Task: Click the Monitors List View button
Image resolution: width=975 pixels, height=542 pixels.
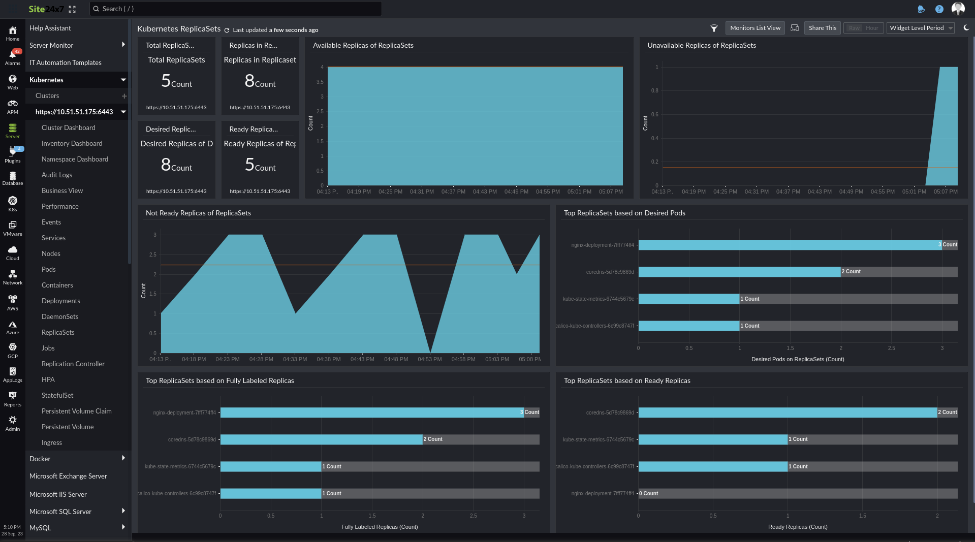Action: coord(755,28)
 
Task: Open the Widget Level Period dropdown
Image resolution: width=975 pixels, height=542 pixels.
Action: coord(921,28)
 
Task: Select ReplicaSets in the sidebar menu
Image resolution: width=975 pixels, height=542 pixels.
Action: coord(58,332)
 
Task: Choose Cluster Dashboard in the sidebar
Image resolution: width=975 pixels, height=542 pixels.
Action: coord(68,127)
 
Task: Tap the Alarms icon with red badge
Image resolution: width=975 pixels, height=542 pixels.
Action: coord(13,56)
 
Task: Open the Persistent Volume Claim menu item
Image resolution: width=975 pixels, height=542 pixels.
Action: coord(76,411)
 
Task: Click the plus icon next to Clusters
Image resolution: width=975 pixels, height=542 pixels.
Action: coord(124,96)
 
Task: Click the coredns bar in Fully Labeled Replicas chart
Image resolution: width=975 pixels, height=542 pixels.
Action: coord(321,439)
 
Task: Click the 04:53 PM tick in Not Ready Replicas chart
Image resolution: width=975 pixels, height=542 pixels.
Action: coord(429,359)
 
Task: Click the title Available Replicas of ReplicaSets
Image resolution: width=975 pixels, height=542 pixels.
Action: coord(363,45)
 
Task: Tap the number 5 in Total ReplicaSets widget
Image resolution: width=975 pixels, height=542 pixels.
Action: coord(166,81)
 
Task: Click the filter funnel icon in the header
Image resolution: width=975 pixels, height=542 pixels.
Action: coord(713,28)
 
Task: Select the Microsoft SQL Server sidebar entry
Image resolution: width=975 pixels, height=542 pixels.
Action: coord(60,512)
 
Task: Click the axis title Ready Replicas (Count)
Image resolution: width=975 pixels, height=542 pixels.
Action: coord(797,527)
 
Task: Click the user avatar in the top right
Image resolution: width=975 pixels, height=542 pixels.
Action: coord(958,9)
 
